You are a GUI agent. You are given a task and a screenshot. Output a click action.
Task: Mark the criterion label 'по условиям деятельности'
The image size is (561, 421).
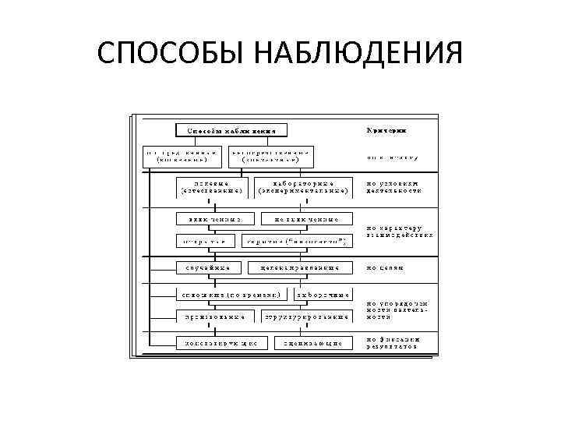coord(393,186)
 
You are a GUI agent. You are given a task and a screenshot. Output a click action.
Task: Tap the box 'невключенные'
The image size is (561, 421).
coord(307,219)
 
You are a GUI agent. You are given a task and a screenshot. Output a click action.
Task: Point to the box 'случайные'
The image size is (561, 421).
coord(206,269)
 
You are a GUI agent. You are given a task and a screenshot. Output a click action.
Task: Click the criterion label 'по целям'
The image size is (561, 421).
coord(385,267)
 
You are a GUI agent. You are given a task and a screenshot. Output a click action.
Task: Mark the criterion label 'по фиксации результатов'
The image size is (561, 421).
coord(394,342)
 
